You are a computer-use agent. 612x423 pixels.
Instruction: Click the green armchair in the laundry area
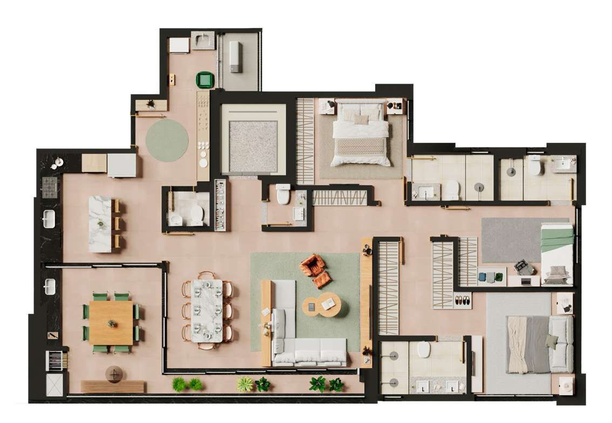click(205, 80)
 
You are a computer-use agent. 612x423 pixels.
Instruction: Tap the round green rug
click(167, 140)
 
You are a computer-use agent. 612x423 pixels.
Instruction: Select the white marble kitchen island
click(100, 224)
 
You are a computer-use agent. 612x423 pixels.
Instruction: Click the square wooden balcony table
click(111, 323)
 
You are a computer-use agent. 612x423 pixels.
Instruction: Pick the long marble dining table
click(207, 310)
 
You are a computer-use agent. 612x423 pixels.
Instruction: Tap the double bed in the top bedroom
click(360, 132)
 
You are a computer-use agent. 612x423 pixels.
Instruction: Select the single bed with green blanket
click(557, 254)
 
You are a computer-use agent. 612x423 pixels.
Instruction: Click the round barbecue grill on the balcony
click(114, 373)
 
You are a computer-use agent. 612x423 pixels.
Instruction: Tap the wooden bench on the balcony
click(113, 386)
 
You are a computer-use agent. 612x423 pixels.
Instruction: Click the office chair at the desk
click(522, 267)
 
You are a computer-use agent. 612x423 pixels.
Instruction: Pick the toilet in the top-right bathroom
click(534, 166)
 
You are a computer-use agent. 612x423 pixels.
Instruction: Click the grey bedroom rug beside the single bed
click(510, 240)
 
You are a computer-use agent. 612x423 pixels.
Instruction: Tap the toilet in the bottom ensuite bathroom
click(424, 351)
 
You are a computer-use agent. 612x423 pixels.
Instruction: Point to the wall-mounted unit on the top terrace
click(234, 56)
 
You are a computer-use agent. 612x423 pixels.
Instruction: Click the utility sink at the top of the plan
click(203, 40)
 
